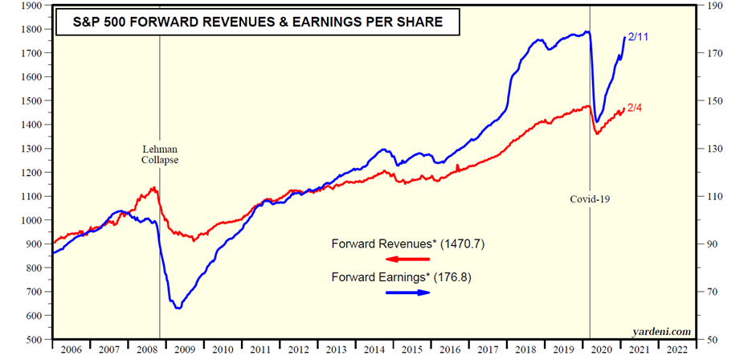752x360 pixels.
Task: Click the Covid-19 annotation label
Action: [x=591, y=198]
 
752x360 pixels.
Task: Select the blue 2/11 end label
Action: [x=640, y=38]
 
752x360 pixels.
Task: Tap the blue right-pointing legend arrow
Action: [x=408, y=292]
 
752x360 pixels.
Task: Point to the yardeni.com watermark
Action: [x=662, y=331]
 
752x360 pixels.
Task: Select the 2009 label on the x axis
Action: [x=185, y=350]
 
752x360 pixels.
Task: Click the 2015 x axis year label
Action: [x=411, y=350]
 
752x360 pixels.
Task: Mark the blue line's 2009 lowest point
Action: [x=178, y=308]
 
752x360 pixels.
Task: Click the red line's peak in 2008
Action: [x=153, y=188]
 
